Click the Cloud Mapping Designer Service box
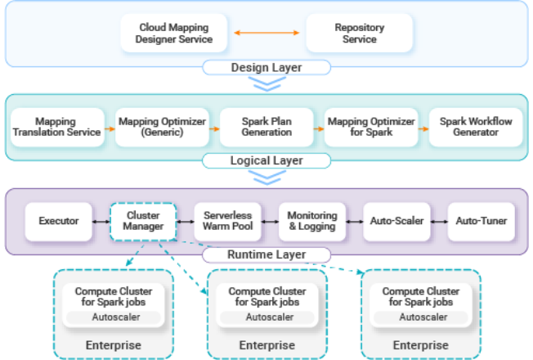[176, 34]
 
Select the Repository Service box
[359, 34]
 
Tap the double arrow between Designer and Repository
[267, 34]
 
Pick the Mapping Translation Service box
[56, 127]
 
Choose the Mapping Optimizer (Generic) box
[161, 127]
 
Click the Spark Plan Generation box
[266, 127]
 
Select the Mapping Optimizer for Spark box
[370, 127]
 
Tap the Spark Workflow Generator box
[475, 127]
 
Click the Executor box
[58, 221]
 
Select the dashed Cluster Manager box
[143, 221]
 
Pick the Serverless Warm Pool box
[228, 221]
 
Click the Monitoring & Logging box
[311, 221]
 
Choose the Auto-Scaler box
[396, 221]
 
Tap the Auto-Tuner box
[481, 221]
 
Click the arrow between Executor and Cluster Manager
[101, 221]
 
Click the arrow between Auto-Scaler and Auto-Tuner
[439, 221]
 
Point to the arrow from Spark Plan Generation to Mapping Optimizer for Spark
[318, 128]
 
